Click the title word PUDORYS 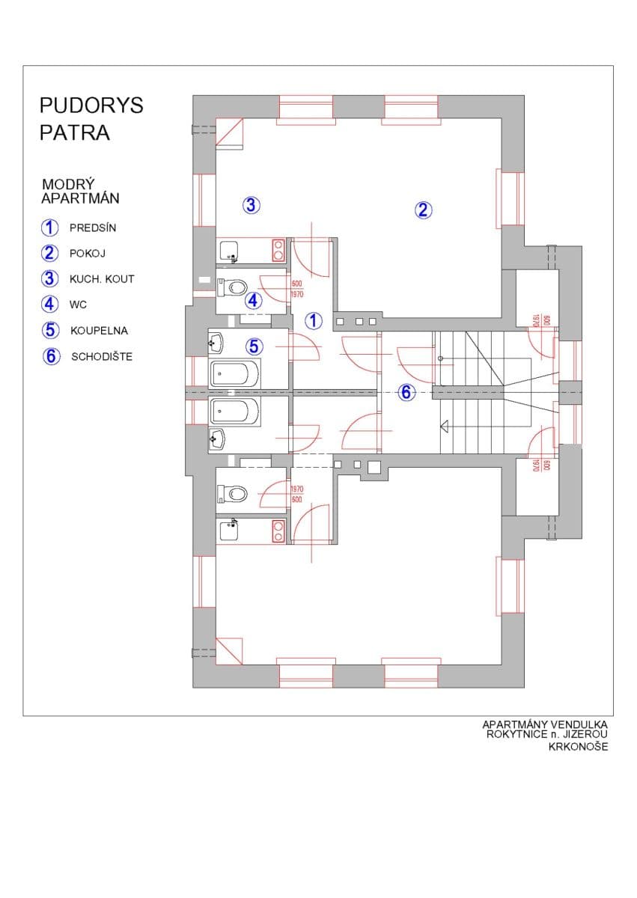click(91, 106)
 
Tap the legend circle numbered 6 click(51, 356)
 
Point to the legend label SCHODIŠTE click(102, 357)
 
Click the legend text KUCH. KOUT click(102, 279)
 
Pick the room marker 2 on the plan click(423, 210)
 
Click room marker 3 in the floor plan click(251, 204)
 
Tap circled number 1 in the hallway click(314, 321)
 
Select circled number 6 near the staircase click(406, 392)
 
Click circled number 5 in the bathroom click(255, 346)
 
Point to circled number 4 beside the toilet click(254, 302)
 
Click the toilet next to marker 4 click(234, 287)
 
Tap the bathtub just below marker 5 click(235, 373)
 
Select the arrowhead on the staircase click(444, 427)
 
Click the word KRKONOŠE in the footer click(577, 747)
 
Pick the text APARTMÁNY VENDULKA click(545, 725)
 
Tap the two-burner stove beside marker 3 click(278, 249)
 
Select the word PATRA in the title click(75, 133)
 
